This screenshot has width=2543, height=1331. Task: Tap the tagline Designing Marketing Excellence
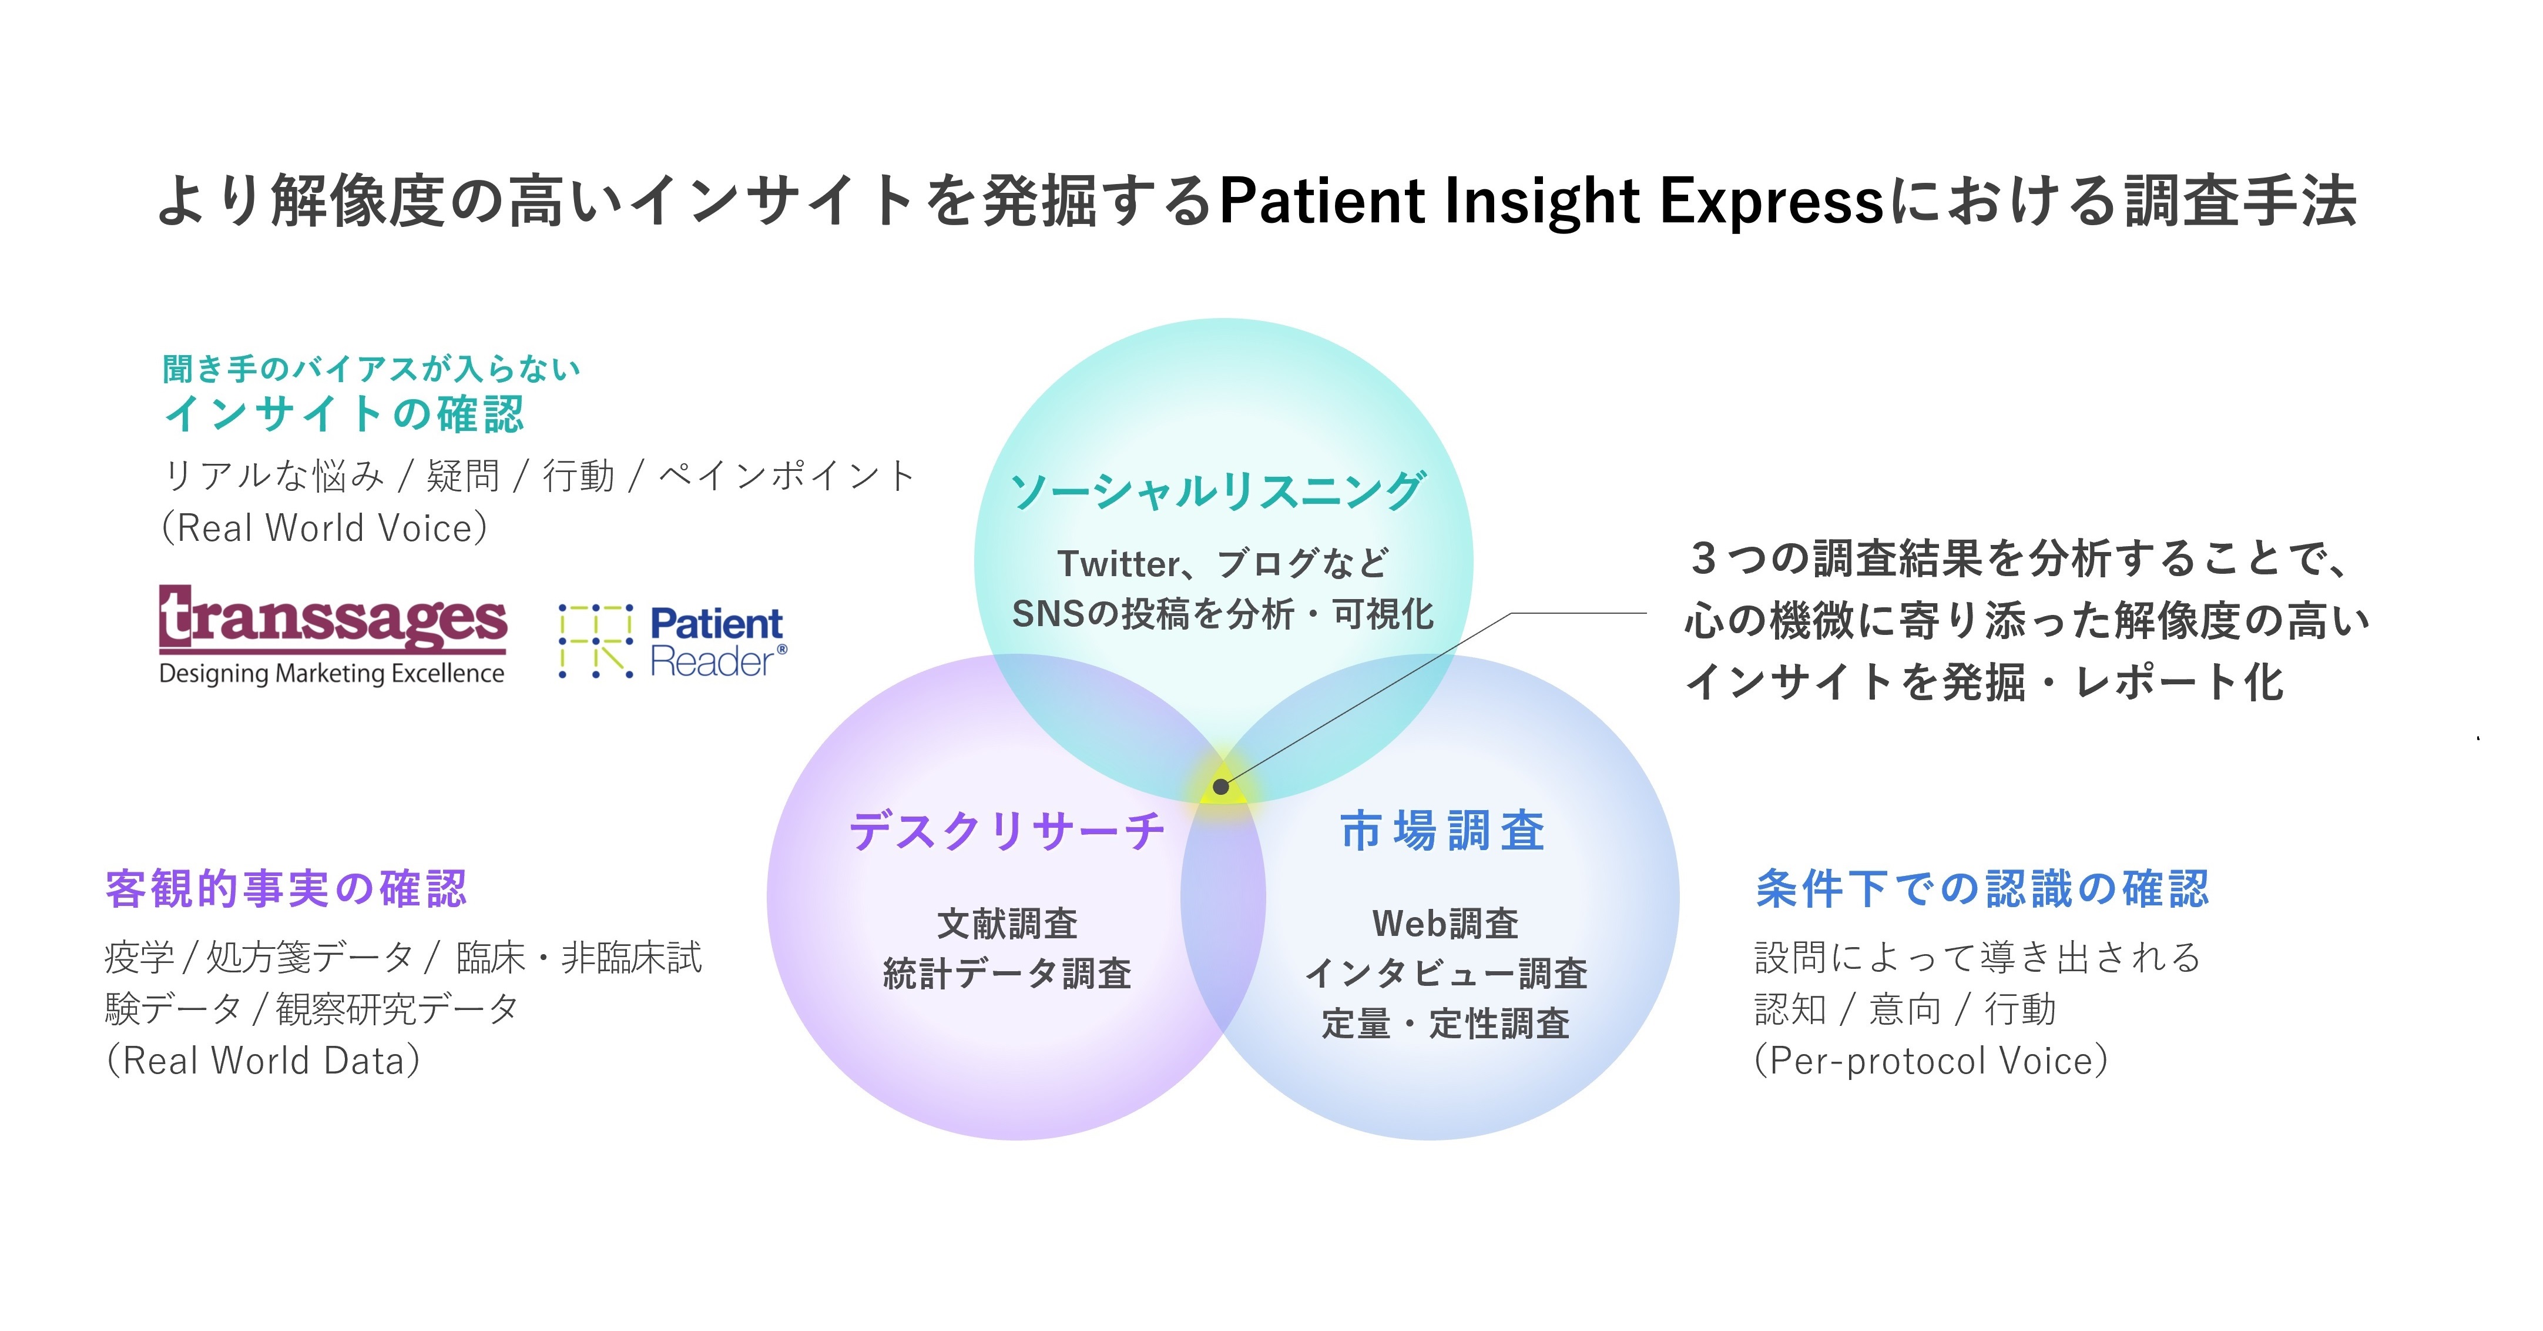332,674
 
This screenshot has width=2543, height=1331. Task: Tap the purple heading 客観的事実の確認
286,889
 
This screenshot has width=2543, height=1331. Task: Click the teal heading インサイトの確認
344,414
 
